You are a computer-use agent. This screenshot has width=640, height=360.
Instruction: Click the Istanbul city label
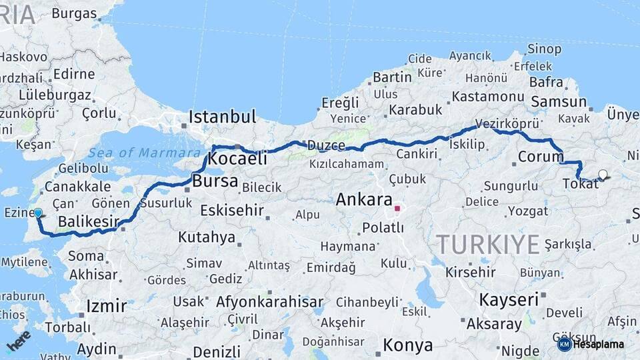click(222, 117)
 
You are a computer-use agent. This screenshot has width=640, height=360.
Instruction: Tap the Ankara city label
click(363, 199)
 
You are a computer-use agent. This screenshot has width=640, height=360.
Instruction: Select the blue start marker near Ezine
click(38, 213)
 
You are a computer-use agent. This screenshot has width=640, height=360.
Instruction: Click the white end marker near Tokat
click(603, 175)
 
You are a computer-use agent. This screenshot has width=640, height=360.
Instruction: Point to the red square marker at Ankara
click(397, 209)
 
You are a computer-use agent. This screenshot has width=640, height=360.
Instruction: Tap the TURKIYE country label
click(488, 245)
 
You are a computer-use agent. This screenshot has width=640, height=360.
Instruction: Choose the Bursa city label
click(215, 181)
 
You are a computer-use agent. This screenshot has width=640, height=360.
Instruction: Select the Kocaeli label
click(238, 159)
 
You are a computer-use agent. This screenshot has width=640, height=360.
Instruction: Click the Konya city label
click(408, 345)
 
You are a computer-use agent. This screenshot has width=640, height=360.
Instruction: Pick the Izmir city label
click(106, 307)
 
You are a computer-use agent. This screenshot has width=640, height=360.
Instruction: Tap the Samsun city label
click(559, 102)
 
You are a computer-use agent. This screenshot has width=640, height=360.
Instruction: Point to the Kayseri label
click(509, 299)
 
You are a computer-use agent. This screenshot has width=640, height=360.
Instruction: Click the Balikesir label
click(89, 221)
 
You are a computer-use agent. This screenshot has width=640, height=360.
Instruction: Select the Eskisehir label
click(233, 211)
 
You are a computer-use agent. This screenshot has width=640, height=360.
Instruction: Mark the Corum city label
click(541, 158)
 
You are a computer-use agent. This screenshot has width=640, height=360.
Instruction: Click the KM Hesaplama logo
click(591, 344)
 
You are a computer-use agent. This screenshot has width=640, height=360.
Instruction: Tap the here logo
click(18, 341)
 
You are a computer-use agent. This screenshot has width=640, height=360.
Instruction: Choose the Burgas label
click(74, 13)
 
